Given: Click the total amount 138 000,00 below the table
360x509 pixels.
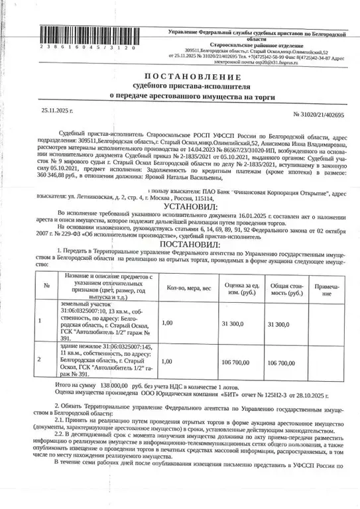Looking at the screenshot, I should [x=109, y=384].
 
